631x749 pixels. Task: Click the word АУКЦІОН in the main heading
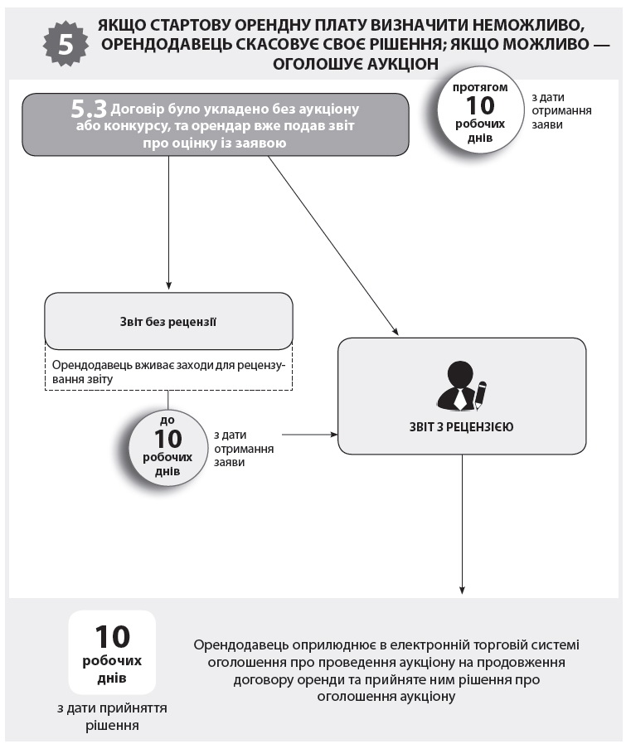(393, 64)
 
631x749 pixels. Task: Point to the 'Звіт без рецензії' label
(167, 320)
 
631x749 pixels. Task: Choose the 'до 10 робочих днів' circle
(168, 445)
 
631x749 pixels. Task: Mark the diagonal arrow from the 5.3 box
(332, 245)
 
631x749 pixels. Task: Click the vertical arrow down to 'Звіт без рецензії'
(168, 224)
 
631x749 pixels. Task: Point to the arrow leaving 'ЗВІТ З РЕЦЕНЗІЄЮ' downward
(462, 523)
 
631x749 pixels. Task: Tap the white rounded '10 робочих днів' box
(112, 654)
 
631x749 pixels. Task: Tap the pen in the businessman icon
(480, 394)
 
